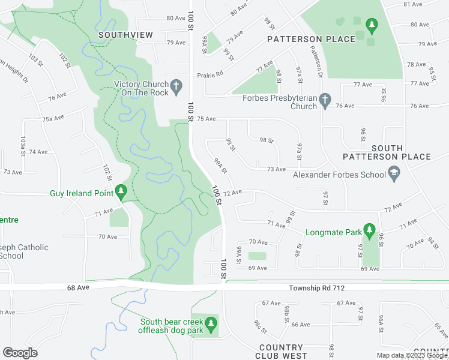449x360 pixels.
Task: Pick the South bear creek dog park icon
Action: (x=210, y=325)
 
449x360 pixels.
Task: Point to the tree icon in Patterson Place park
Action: (x=372, y=25)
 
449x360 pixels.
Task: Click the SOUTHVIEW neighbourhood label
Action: (x=125, y=35)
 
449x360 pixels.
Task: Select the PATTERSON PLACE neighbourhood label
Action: (x=311, y=39)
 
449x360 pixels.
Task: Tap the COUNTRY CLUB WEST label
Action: (x=281, y=352)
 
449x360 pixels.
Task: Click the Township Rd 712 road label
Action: (x=316, y=288)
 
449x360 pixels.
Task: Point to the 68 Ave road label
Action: (x=78, y=288)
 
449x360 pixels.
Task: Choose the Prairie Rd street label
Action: (x=210, y=75)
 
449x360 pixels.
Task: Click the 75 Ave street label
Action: (x=206, y=119)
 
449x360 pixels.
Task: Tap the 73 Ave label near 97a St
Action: (x=276, y=169)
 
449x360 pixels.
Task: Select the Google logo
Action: (x=20, y=353)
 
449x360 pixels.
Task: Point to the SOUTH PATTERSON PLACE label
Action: (x=387, y=152)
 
